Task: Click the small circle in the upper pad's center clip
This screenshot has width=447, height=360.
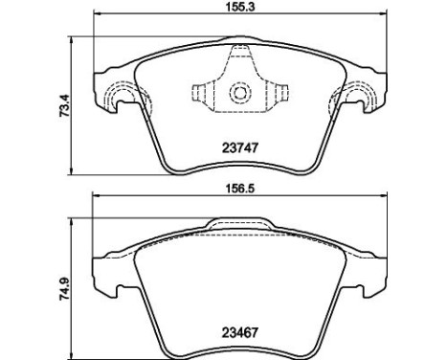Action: pyautogui.click(x=238, y=94)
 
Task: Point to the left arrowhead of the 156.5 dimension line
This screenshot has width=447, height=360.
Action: pyautogui.click(x=94, y=199)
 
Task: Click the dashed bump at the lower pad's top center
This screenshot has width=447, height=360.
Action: pyautogui.click(x=238, y=225)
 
